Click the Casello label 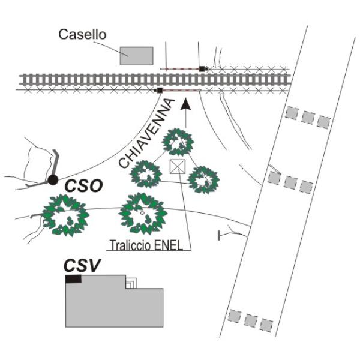82,35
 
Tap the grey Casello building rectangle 136,55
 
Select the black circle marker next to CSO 53,179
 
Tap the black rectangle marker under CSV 73,279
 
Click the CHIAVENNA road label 148,136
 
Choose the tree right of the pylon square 203,178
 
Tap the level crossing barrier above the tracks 182,68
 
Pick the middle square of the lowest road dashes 250,319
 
